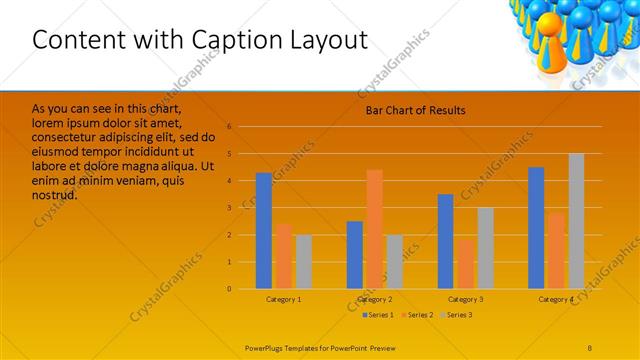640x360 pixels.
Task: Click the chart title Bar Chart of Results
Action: pyautogui.click(x=415, y=110)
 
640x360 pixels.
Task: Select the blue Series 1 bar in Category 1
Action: pyautogui.click(x=263, y=230)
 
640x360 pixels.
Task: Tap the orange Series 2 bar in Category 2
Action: pyautogui.click(x=374, y=229)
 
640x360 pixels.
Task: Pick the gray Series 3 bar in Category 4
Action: pyautogui.click(x=576, y=221)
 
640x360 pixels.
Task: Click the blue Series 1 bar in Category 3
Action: pyautogui.click(x=445, y=241)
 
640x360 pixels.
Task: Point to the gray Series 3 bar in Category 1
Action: pyautogui.click(x=303, y=261)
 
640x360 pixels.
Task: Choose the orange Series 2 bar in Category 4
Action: pyautogui.click(x=556, y=250)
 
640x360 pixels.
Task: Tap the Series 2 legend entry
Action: pyautogui.click(x=419, y=315)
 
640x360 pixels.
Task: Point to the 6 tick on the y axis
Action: pyautogui.click(x=229, y=127)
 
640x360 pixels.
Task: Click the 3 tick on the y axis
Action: pyautogui.click(x=229, y=208)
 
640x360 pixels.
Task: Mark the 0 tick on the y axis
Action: pyautogui.click(x=229, y=289)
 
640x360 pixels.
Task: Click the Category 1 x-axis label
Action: pyautogui.click(x=284, y=299)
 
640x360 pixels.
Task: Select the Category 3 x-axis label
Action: pyautogui.click(x=465, y=299)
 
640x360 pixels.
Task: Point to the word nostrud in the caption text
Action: pyautogui.click(x=55, y=195)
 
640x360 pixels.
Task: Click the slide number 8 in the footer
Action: pyautogui.click(x=589, y=345)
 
